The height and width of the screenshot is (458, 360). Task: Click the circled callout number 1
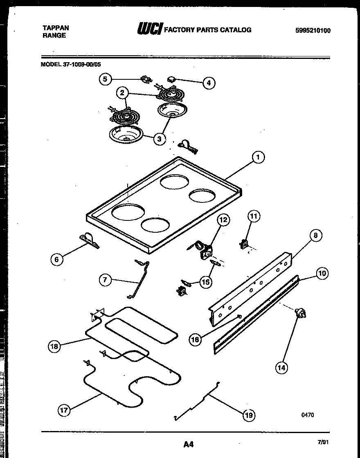257,157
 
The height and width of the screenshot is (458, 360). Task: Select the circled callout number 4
209,83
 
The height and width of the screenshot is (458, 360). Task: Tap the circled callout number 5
105,79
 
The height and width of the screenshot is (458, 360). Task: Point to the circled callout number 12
223,220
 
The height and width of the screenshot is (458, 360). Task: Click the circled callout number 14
281,367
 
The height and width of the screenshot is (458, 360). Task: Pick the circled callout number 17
64,410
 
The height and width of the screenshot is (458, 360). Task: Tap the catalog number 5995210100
313,31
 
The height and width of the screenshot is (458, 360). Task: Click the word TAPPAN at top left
56,28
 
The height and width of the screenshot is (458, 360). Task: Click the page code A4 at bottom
188,444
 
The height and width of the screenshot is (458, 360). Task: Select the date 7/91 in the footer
323,442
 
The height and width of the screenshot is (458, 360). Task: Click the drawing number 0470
308,415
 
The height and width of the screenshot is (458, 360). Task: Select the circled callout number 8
315,235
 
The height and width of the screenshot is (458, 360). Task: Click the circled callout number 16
196,339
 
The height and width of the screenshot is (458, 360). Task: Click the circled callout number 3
159,139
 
